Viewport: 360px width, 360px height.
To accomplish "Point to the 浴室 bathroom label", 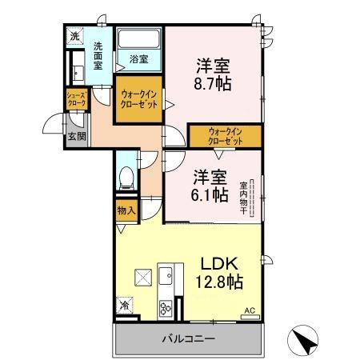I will (139, 58).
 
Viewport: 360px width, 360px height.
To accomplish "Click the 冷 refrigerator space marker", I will (125, 305).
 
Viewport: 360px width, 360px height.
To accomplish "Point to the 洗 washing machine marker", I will (74, 36).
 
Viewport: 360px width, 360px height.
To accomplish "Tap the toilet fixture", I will (126, 178).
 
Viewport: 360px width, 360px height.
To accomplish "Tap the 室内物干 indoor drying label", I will (242, 198).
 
